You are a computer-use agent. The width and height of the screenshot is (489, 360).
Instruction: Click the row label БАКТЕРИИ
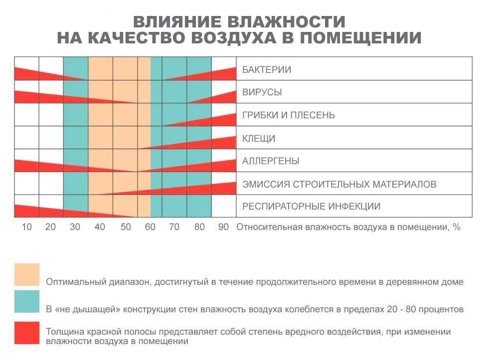click(267, 70)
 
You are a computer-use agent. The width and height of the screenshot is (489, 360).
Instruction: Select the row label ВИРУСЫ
click(262, 93)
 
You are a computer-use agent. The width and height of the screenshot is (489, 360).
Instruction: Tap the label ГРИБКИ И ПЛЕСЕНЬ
click(289, 116)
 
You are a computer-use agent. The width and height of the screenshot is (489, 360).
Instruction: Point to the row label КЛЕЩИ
click(259, 139)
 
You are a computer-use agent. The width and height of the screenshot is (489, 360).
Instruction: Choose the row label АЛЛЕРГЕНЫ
click(271, 162)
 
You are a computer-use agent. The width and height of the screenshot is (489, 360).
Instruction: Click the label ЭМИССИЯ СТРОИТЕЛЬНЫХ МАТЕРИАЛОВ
click(339, 184)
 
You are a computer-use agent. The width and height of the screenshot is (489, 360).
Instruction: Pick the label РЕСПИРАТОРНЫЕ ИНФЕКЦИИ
click(312, 206)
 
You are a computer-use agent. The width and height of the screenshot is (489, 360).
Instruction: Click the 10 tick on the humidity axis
click(27, 227)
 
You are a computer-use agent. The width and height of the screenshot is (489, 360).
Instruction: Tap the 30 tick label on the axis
click(75, 227)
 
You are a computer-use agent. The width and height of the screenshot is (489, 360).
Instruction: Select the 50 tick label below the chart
click(125, 227)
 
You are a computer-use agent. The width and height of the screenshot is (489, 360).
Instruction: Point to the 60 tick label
click(150, 227)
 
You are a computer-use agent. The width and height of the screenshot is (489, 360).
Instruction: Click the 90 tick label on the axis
click(223, 227)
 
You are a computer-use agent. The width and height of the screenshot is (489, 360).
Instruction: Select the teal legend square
click(27, 303)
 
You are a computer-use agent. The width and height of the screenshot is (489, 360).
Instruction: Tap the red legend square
click(27, 333)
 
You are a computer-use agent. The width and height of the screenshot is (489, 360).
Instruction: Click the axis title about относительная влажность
click(348, 227)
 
